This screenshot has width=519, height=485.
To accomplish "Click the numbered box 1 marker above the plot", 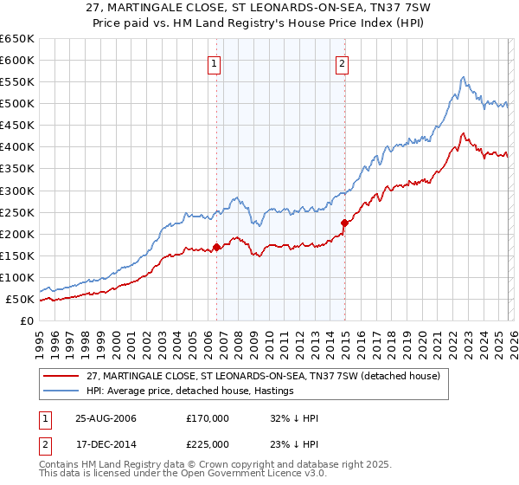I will (213, 62).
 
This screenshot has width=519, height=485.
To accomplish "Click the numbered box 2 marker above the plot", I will (343, 62).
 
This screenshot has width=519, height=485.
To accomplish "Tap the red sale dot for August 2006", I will (216, 247).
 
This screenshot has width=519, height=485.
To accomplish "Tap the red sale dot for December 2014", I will (344, 223).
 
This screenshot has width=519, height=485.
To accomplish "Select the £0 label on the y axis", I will (26, 321).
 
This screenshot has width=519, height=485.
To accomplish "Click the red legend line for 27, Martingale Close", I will (62, 376).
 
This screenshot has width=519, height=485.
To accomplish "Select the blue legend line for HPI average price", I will (62, 391).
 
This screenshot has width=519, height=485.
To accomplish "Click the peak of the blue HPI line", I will (464, 77).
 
